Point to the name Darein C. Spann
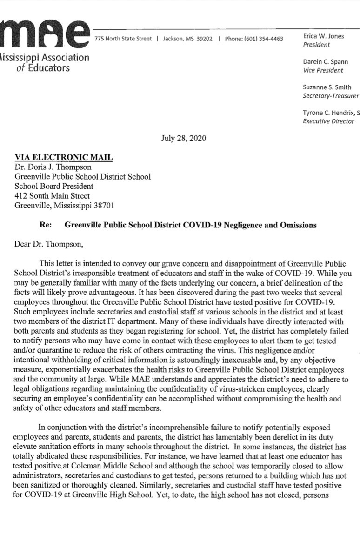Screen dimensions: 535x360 click(325, 62)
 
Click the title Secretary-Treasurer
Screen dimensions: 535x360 click(331, 96)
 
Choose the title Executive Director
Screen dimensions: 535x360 click(328, 121)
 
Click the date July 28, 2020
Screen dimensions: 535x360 click(184, 138)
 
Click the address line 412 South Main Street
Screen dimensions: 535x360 click(53, 196)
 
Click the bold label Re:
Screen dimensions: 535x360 click(46, 225)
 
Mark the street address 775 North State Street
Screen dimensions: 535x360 click(123, 39)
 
